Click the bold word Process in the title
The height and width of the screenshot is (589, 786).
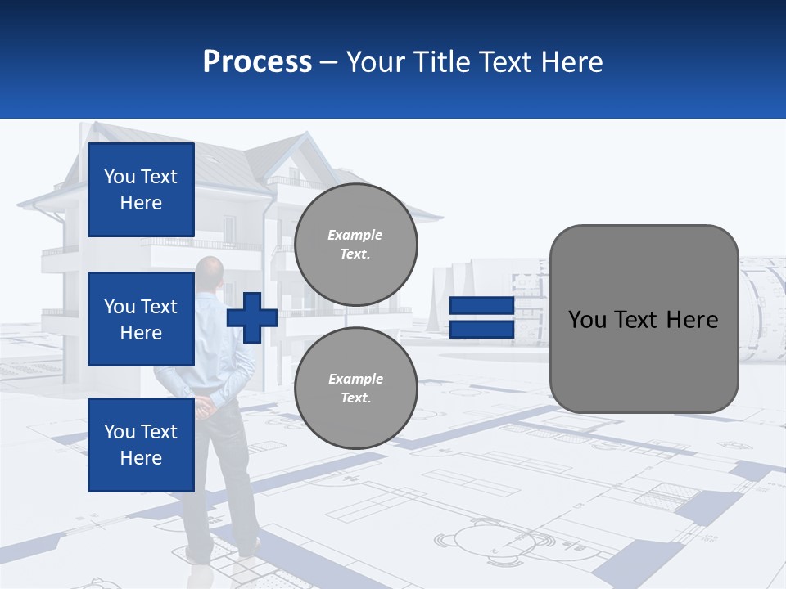click(x=257, y=62)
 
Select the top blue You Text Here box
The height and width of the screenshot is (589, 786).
click(x=141, y=190)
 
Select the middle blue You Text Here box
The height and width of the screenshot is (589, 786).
click(x=141, y=319)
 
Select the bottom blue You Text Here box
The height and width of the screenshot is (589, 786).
click(x=141, y=445)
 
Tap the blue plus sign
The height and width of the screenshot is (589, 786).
click(x=252, y=318)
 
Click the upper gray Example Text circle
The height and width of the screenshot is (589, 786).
click(x=355, y=245)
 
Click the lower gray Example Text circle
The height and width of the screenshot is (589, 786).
click(x=355, y=389)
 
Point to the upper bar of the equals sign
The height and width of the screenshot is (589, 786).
click(x=481, y=307)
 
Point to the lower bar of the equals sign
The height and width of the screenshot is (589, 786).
click(x=481, y=330)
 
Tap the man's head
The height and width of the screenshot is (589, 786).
click(x=210, y=270)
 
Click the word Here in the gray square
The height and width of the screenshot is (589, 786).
click(x=692, y=320)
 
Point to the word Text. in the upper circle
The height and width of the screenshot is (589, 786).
click(x=355, y=254)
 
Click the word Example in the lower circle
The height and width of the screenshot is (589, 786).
click(x=355, y=379)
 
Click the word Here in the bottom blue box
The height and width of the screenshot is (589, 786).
click(x=141, y=458)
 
